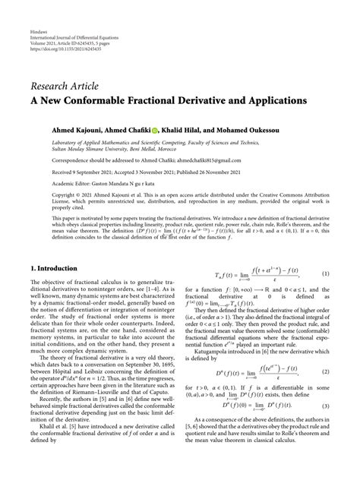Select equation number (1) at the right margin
coord(325,273)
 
